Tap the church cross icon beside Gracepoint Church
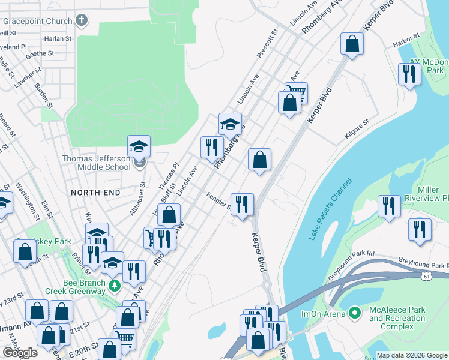click(x=82, y=21)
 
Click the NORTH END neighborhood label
click(x=95, y=192)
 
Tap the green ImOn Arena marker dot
click(x=354, y=313)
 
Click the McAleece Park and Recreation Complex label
click(x=397, y=319)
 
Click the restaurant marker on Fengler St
click(x=242, y=204)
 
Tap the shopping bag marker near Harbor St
click(x=352, y=44)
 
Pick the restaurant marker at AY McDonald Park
click(x=409, y=74)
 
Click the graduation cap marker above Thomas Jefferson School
click(x=139, y=146)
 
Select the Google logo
click(x=20, y=353)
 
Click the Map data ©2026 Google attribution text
click(x=412, y=355)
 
